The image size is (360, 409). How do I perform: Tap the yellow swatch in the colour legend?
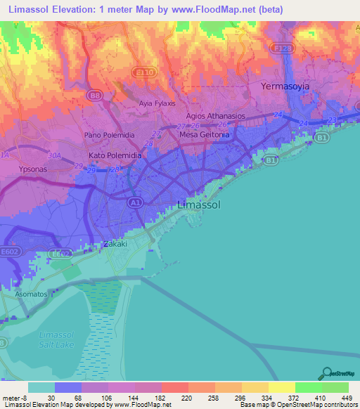(281, 387)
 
